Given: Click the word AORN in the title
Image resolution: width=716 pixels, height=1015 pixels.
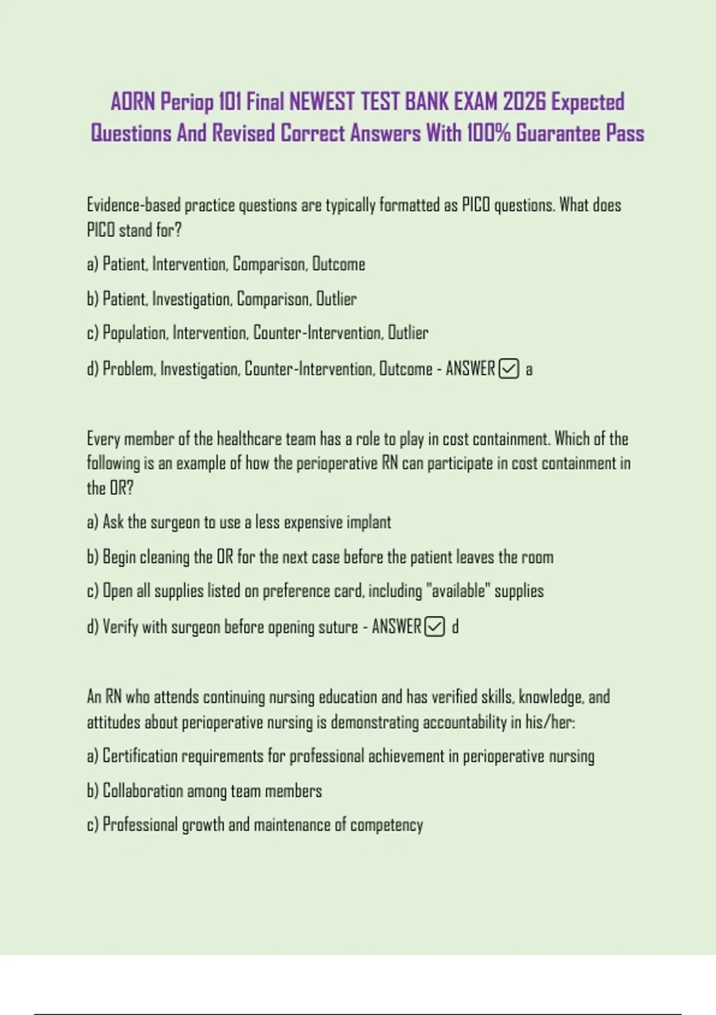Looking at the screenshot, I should [132, 102].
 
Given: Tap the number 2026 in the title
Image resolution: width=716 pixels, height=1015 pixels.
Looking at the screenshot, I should [524, 102].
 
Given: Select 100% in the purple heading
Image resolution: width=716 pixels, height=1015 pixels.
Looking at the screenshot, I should [488, 133].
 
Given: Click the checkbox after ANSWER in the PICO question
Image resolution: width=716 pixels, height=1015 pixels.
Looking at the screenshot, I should [508, 369].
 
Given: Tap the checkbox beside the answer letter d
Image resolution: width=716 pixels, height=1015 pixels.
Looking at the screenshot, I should [434, 627].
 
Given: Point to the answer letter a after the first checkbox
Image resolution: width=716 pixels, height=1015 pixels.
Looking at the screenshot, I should [529, 370].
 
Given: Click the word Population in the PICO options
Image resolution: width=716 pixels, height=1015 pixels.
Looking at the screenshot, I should [135, 333].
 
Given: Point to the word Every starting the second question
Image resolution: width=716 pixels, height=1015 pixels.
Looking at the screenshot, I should [103, 439].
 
